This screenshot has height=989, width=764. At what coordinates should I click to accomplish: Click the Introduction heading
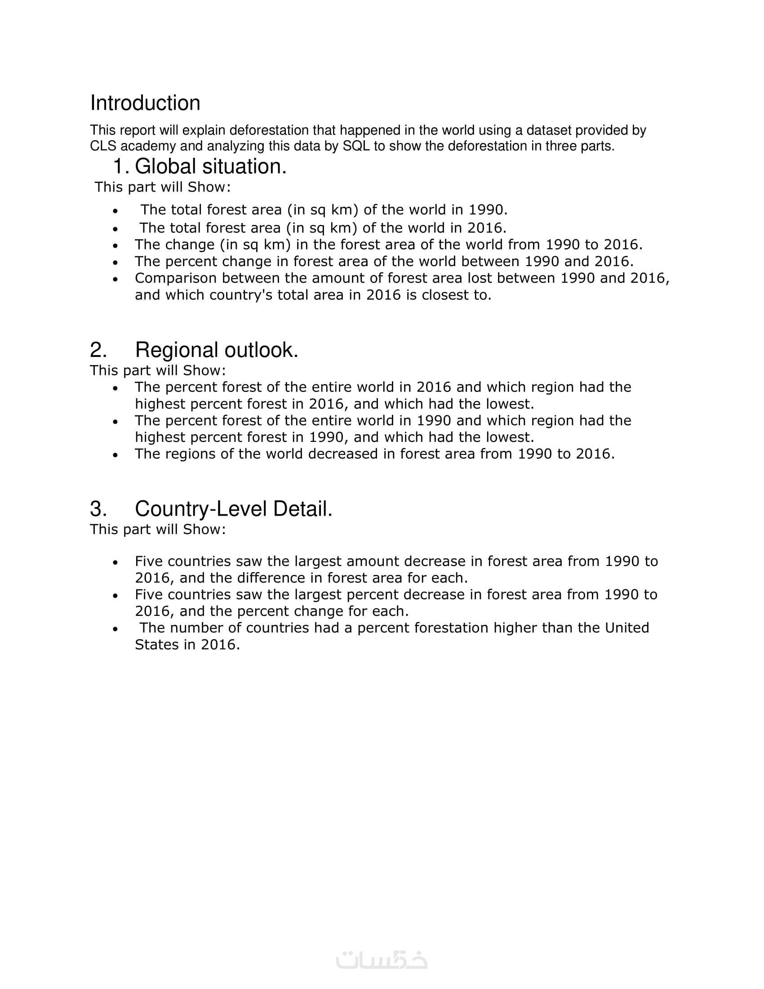click(x=145, y=103)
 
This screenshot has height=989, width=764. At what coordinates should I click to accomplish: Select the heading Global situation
click(x=210, y=167)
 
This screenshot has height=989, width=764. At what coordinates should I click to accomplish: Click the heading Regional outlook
click(x=216, y=350)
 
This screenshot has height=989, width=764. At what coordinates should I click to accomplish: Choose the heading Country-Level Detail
click(x=234, y=509)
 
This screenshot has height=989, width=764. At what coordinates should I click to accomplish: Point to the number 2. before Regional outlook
click(x=98, y=350)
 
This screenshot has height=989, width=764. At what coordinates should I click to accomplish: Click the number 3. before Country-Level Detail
click(x=98, y=509)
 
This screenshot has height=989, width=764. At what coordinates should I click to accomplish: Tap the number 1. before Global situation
click(x=121, y=167)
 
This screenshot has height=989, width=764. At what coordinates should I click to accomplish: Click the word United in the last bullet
click(x=627, y=628)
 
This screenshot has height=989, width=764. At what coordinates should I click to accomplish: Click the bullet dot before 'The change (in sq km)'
click(x=115, y=245)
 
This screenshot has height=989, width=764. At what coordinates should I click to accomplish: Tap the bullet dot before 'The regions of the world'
click(x=115, y=454)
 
